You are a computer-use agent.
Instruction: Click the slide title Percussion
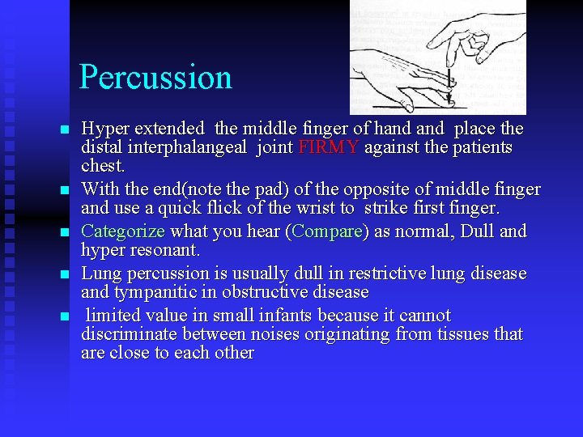click(155, 78)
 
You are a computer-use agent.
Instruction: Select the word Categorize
click(123, 231)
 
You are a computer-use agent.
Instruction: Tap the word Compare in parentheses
click(329, 231)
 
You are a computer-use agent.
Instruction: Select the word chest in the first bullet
click(102, 166)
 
